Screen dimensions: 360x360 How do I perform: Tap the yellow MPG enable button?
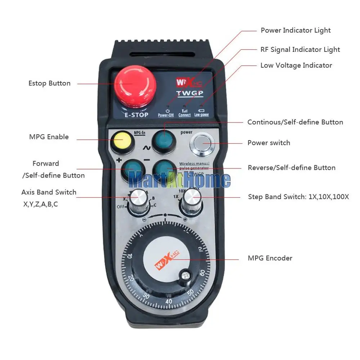121,140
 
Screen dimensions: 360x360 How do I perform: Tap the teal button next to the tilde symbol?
164,141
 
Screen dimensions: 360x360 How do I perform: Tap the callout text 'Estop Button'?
49,83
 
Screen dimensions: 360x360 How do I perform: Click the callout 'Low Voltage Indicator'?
296,65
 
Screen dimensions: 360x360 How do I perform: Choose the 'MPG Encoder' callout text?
270,258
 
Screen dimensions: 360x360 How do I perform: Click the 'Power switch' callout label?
269,143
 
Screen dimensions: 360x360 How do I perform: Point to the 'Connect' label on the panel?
184,115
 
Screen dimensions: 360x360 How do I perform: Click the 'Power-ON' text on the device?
166,115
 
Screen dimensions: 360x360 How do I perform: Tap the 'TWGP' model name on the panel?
190,94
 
